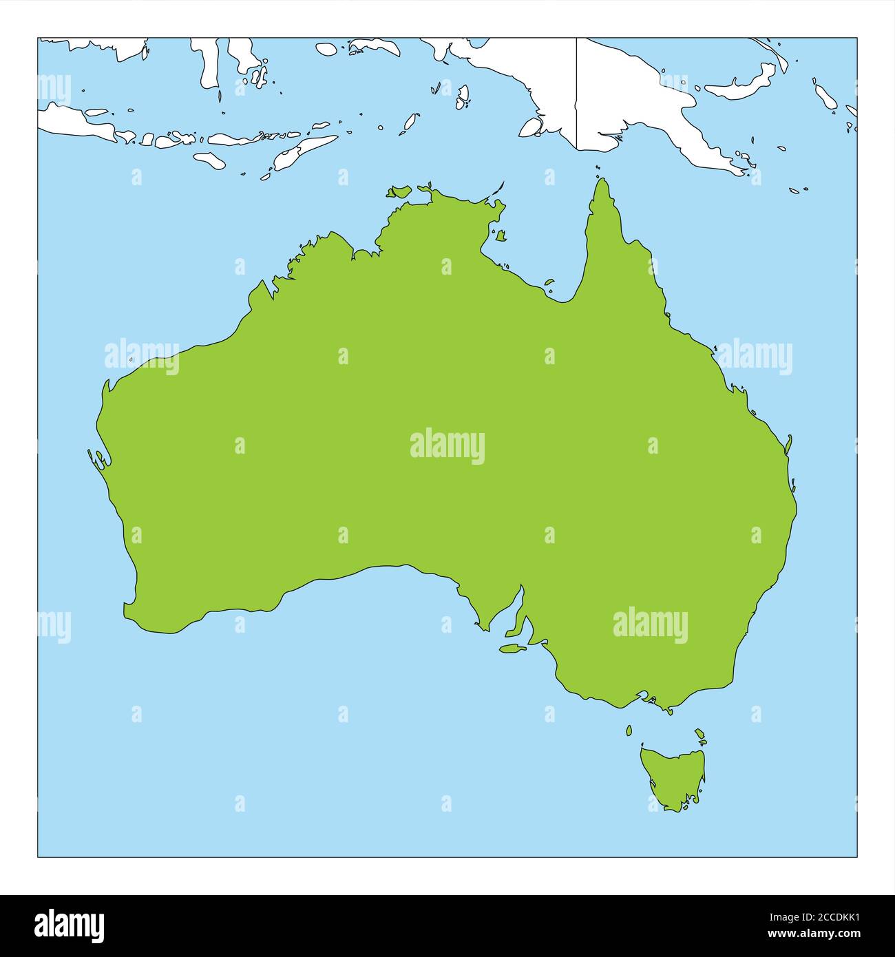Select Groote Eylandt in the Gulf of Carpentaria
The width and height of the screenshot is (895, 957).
pyautogui.click(x=501, y=235)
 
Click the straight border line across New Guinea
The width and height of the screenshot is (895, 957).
pyautogui.click(x=576, y=93)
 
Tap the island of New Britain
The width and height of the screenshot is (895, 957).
pyautogui.click(x=744, y=83)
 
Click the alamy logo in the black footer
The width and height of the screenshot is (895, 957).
pyautogui.click(x=70, y=925)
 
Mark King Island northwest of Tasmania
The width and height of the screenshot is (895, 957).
pyautogui.click(x=629, y=730)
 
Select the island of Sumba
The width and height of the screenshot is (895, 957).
pyautogui.click(x=209, y=160)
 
